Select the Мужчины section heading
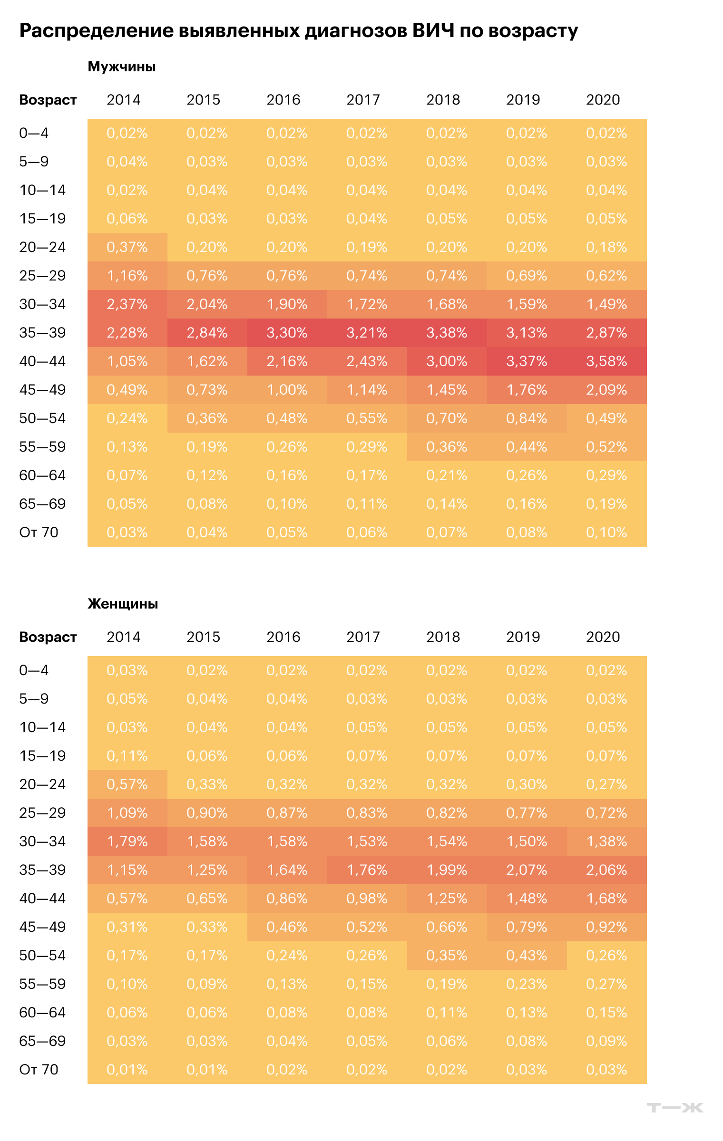(x=122, y=67)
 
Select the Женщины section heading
(x=123, y=604)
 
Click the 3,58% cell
(x=607, y=361)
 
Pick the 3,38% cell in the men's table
(x=447, y=333)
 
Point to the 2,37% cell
(x=127, y=304)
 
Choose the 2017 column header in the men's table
(x=363, y=100)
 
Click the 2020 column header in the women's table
(x=603, y=637)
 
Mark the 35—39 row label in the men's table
(x=42, y=333)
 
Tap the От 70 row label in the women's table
(x=39, y=1070)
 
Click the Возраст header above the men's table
(x=48, y=100)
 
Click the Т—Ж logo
(x=675, y=1108)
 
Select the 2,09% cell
(x=607, y=390)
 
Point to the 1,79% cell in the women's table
(x=127, y=841)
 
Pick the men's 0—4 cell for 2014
(x=127, y=133)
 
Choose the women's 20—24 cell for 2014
(x=127, y=784)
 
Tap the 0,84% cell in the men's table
(x=527, y=418)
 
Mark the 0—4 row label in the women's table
(x=34, y=670)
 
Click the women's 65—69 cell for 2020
(x=607, y=1041)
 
